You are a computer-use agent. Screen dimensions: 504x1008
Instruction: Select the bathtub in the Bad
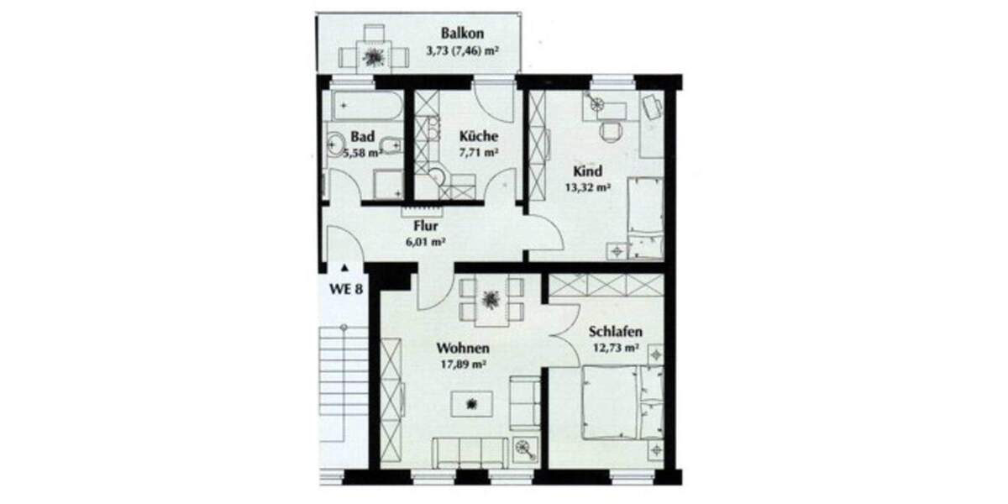click(366, 108)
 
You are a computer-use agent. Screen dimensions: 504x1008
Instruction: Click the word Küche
click(479, 136)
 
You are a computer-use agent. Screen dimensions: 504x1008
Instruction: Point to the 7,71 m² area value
click(479, 154)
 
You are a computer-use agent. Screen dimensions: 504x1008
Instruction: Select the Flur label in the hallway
click(427, 225)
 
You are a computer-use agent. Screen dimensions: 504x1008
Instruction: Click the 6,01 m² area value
click(425, 242)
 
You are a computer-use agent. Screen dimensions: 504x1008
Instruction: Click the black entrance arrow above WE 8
click(344, 269)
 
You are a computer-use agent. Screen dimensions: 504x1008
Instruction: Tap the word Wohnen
click(463, 348)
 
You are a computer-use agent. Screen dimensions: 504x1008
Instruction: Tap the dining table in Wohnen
click(491, 301)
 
